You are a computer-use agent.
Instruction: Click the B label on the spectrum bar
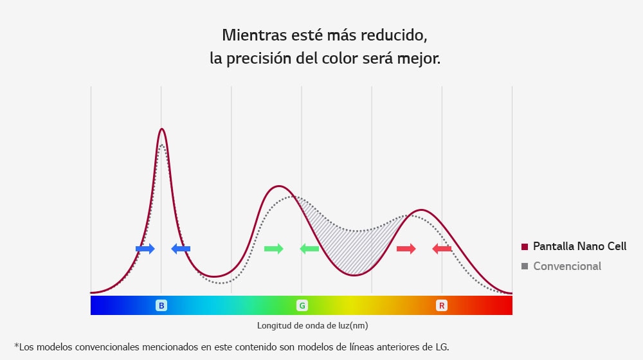click(161, 305)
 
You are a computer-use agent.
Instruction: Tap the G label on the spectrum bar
click(302, 305)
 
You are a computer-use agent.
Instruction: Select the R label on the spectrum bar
click(442, 305)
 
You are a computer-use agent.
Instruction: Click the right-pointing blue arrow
click(145, 249)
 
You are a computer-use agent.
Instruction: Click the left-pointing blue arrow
click(181, 249)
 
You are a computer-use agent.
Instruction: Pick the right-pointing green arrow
click(273, 249)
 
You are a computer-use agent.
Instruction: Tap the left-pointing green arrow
click(309, 249)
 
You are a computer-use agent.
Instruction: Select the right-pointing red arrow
click(406, 249)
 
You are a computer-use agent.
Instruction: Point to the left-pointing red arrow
click(442, 249)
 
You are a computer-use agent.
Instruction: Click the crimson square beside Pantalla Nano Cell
click(525, 247)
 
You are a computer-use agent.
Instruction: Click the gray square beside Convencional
click(525, 266)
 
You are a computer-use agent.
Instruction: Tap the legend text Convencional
click(567, 266)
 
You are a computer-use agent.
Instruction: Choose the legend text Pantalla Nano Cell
click(580, 246)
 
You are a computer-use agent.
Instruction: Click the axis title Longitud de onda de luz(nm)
click(312, 325)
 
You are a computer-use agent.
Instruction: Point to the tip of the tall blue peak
click(161, 129)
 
